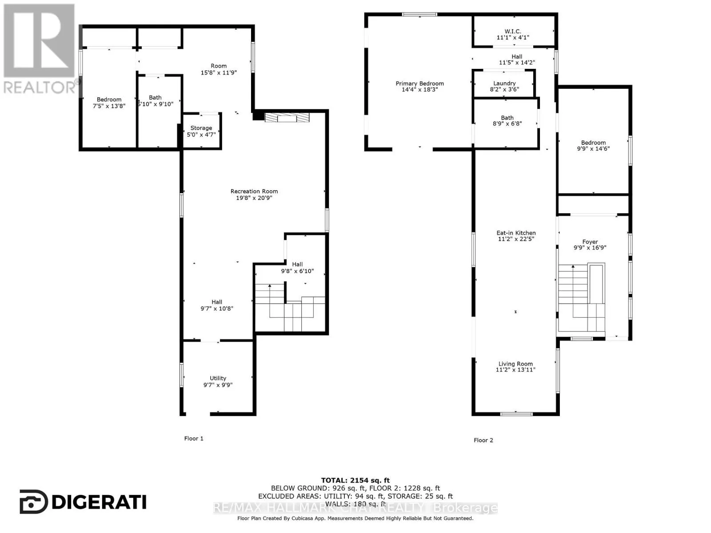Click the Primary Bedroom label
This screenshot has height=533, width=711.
click(x=419, y=84)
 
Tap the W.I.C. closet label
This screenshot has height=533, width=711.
click(x=513, y=31)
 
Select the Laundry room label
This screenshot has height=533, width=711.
click(x=504, y=83)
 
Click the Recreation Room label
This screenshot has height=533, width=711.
click(x=254, y=191)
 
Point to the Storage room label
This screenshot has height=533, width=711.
click(x=201, y=128)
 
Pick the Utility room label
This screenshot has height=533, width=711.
click(x=218, y=378)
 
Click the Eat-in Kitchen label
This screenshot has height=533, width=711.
click(x=516, y=233)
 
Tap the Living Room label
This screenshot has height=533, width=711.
click(x=515, y=364)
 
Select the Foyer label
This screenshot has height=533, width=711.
click(x=590, y=242)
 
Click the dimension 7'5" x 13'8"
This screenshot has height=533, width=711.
click(x=109, y=106)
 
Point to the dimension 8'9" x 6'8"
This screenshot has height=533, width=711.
click(x=507, y=124)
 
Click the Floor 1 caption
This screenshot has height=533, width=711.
click(x=194, y=438)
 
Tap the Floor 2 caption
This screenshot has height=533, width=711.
click(x=483, y=440)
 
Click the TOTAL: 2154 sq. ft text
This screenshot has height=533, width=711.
click(x=355, y=480)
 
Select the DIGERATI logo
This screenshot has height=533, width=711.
click(x=83, y=502)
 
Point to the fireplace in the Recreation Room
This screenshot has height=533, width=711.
click(x=287, y=117)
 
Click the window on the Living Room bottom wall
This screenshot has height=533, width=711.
click(x=516, y=414)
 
